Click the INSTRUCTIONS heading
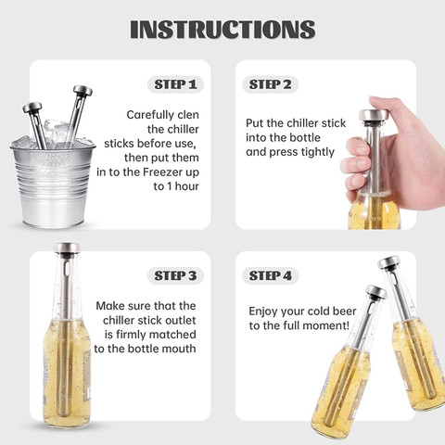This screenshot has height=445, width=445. pos(222,30)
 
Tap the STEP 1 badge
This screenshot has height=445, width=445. pos(175,84)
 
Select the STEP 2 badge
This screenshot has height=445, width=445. pos(270,84)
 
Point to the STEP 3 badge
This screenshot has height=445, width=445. pos(175,275)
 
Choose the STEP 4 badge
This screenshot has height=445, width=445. pos(270,275)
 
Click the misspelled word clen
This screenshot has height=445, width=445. pos(188,115)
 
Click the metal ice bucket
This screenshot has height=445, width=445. pos(53,183)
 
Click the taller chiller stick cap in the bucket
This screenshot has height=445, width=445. pos(83,90)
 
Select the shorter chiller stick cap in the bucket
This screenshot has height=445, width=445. pos(32,108)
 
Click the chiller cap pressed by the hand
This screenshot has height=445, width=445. pos(374,115)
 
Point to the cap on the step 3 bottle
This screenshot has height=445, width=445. pos(67,248)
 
